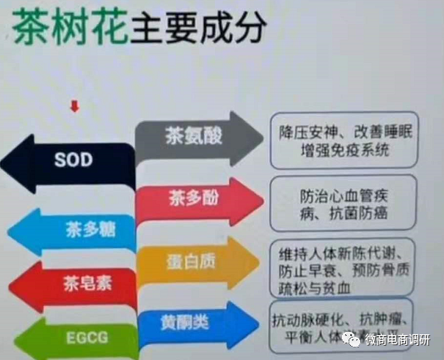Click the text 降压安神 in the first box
tap(310, 133)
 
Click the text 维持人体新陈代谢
tap(343, 251)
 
